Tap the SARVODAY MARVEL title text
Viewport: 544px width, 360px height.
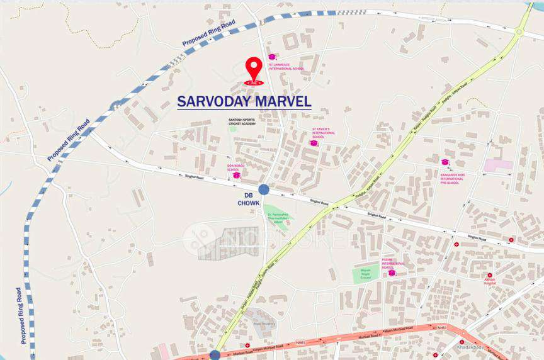(x=244, y=101)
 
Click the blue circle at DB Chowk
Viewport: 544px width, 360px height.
(x=264, y=189)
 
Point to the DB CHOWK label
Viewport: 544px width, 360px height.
(x=249, y=199)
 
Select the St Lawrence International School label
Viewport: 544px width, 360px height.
(x=286, y=66)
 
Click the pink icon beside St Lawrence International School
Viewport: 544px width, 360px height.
(x=272, y=57)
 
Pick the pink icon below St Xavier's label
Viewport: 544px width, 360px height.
(x=314, y=143)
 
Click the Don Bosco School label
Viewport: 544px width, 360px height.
(x=234, y=168)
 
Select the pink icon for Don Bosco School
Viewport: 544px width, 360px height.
(x=237, y=176)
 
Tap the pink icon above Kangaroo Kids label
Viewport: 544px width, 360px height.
(x=445, y=162)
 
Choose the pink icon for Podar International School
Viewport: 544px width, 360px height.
(x=392, y=273)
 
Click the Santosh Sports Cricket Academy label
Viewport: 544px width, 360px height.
(x=245, y=121)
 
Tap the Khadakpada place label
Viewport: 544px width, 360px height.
(x=470, y=347)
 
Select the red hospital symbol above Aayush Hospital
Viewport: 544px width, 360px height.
(x=490, y=275)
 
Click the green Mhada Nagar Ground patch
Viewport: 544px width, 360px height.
(x=366, y=273)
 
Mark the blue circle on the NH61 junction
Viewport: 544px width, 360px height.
(x=215, y=355)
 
